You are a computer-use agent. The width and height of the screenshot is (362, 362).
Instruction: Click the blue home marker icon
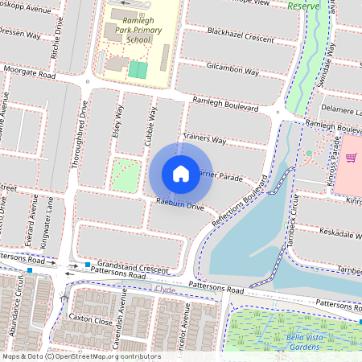(181, 173)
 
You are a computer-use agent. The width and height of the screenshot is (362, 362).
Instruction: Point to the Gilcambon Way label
(232, 70)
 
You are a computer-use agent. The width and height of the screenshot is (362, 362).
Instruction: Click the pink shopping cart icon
(352, 157)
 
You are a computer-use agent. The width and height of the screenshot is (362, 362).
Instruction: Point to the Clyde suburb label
(164, 287)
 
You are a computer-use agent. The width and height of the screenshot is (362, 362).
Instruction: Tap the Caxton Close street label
(90, 320)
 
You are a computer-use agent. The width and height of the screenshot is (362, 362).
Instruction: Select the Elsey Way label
(117, 121)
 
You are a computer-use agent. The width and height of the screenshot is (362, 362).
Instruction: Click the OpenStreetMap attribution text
(80, 356)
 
